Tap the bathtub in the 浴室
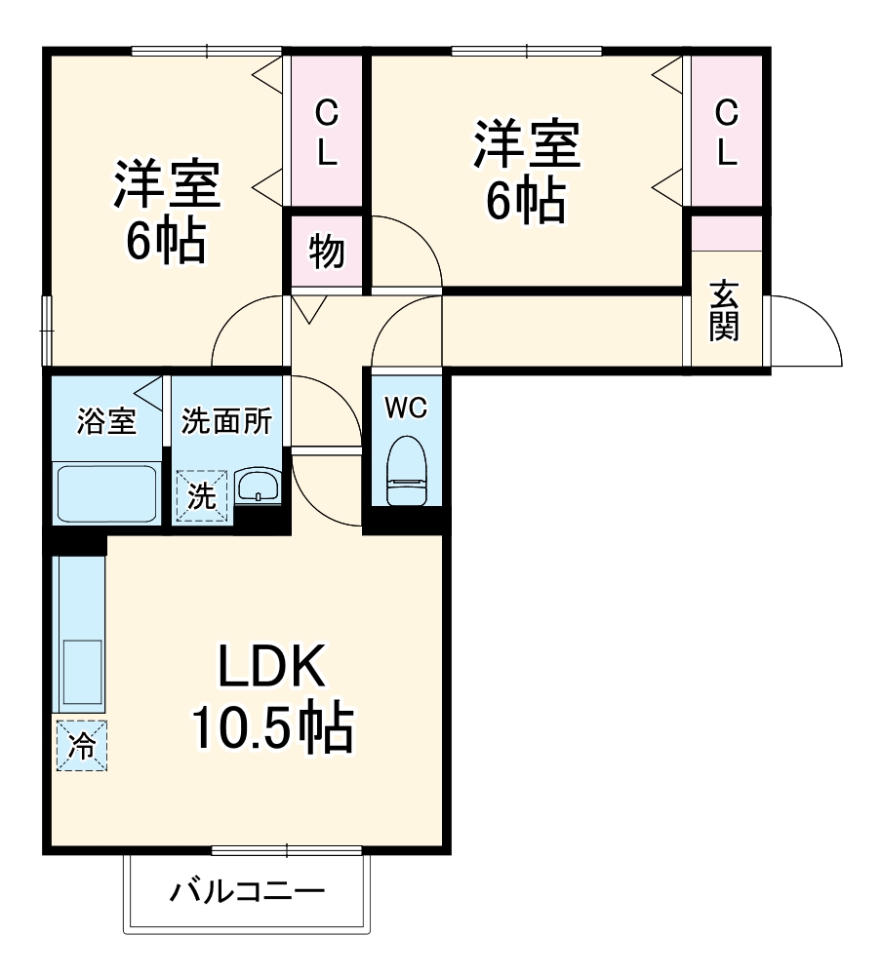point(106,493)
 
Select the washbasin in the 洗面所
point(259,486)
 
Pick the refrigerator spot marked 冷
point(82,746)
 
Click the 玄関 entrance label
point(724,310)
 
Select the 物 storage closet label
point(327,252)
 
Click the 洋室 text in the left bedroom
point(167,184)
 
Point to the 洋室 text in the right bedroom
point(527,144)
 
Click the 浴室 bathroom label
point(106,422)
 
